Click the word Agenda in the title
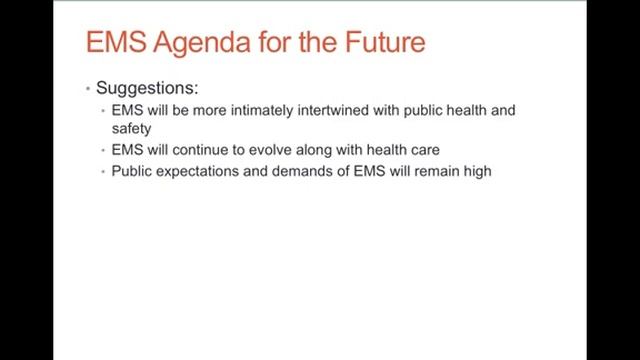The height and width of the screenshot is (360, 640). (x=202, y=43)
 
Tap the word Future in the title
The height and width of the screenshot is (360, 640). (x=385, y=42)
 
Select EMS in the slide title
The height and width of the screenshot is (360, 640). (x=116, y=42)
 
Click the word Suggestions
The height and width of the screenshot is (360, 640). (x=147, y=89)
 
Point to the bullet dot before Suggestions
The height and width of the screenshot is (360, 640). (x=88, y=88)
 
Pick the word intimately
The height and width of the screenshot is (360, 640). (x=262, y=110)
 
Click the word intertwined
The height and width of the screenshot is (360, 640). (x=333, y=110)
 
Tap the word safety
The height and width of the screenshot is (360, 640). (x=131, y=129)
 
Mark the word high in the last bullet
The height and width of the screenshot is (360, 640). (x=478, y=171)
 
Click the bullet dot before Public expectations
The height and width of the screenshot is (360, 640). (x=103, y=171)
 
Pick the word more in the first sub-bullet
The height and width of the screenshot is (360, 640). (x=209, y=111)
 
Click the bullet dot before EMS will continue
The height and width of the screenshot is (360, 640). (x=103, y=150)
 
